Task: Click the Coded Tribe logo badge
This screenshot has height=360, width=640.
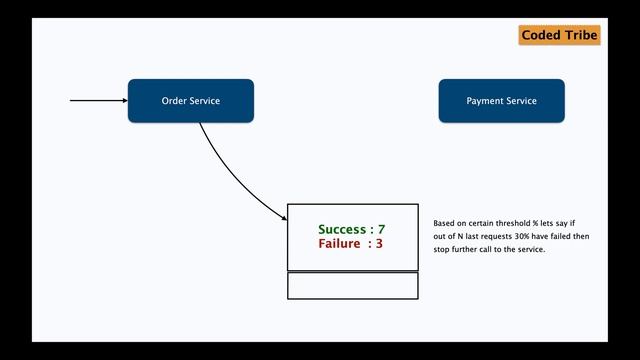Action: pos(559,36)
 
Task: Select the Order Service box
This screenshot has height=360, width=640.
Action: pos(191,101)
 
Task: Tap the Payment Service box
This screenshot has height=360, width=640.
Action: pos(501,101)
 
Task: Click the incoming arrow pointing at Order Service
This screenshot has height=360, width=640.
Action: pos(98,101)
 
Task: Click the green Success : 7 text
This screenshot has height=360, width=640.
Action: pos(351,230)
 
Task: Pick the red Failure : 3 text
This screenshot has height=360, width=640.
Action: pos(351,243)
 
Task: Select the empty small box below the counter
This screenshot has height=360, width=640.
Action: pos(352,285)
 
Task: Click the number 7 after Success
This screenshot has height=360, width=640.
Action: pos(381,230)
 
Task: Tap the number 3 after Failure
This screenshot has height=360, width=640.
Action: pos(379,243)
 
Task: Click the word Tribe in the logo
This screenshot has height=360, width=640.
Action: pos(580,36)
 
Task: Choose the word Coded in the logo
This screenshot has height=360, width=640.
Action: pos(540,36)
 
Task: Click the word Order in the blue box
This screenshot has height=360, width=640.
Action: pos(175,101)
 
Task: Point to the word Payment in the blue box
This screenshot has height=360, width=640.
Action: pos(485,101)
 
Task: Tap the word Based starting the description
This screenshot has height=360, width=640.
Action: pos(444,223)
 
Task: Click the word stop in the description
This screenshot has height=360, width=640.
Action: pos(442,249)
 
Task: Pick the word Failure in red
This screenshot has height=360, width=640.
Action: pos(339,243)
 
